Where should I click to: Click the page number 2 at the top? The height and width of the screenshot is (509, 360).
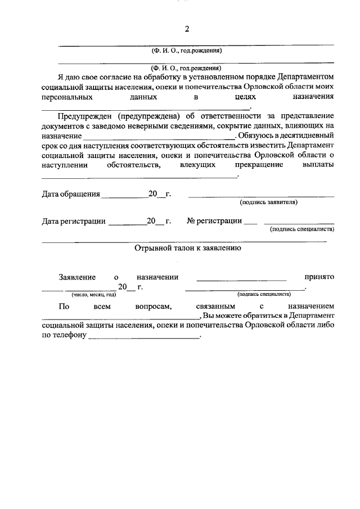tap(187, 29)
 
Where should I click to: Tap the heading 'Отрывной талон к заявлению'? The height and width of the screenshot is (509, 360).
tap(188, 247)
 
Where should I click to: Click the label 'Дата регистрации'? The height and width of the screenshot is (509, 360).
tap(74, 221)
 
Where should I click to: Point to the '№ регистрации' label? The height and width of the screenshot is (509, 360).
tap(214, 221)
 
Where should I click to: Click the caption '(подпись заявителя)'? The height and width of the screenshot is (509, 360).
tap(268, 202)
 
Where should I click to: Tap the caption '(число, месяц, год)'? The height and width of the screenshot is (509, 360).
tap(93, 294)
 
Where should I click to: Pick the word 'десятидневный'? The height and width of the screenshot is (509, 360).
tap(309, 136)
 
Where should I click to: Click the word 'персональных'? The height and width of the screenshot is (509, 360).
tap(67, 97)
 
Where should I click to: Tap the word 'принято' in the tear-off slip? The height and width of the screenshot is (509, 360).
tap(319, 277)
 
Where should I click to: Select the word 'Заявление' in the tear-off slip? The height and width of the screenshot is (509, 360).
tap(77, 277)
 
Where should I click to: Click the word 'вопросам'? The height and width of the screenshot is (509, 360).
tap(148, 307)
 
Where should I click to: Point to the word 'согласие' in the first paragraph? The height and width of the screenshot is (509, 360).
tap(115, 77)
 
